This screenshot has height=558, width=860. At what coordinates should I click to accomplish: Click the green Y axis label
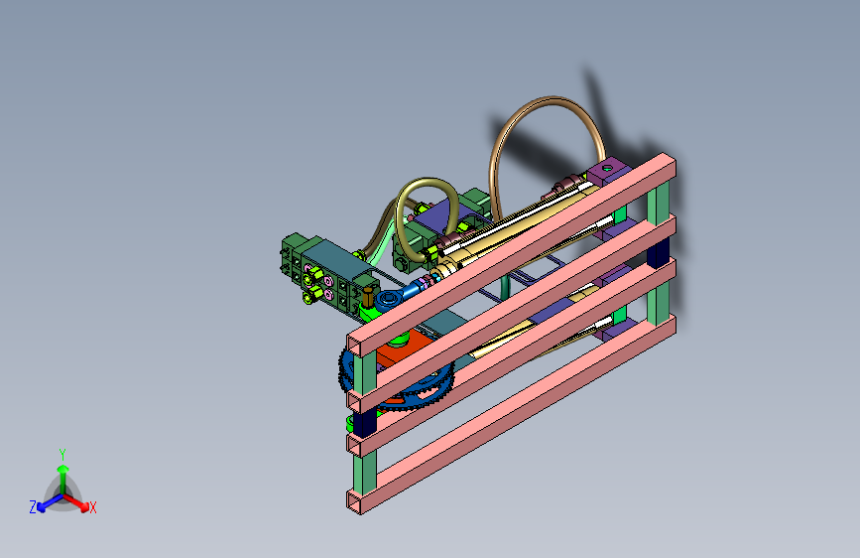62,455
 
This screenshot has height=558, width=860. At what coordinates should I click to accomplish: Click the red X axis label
92,507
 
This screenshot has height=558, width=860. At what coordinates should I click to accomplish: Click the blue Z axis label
33,507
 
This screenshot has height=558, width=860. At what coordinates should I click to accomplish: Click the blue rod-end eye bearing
389,299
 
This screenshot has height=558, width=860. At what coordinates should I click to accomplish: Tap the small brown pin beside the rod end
367,297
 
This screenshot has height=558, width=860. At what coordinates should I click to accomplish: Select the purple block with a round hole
609,170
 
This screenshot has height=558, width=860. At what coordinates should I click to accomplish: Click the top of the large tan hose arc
549,100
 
